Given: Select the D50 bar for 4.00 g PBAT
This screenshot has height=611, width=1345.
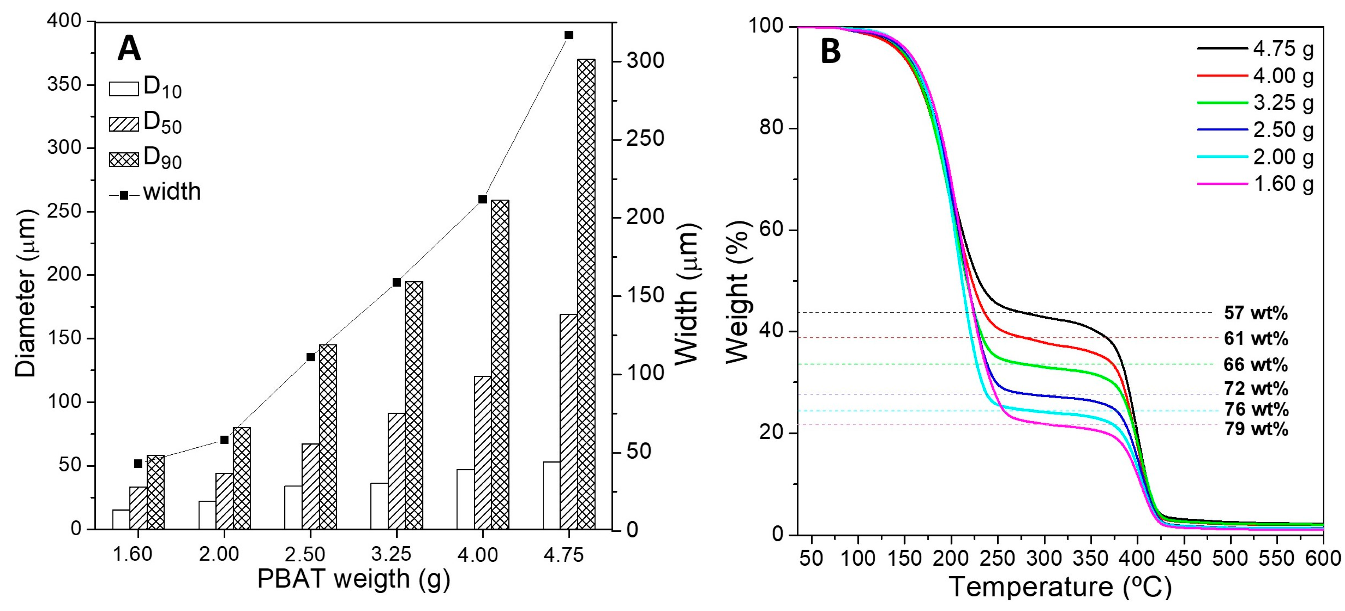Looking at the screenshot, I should (482, 452).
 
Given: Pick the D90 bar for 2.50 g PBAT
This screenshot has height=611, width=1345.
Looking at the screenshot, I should (328, 437).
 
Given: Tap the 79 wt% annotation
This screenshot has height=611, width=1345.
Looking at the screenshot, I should (1255, 429).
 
